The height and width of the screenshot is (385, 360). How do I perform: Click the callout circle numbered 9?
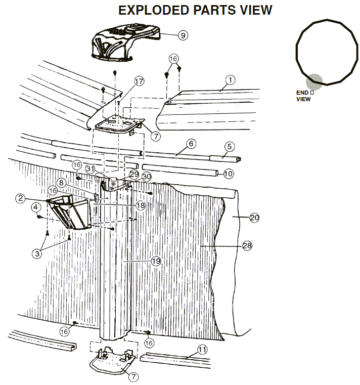(x=183, y=35)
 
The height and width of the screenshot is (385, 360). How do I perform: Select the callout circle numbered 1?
(x=231, y=79)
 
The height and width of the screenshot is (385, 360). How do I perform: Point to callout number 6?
(x=191, y=144)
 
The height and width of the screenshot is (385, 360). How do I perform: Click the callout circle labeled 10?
(x=229, y=174)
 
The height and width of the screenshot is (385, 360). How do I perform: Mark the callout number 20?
(x=254, y=218)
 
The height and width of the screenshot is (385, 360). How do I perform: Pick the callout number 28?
(x=247, y=245)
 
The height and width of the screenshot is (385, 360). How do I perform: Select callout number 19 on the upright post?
(x=156, y=261)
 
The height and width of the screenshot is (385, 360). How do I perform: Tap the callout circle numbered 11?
(x=202, y=349)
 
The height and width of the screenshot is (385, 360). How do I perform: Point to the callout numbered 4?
(x=36, y=207)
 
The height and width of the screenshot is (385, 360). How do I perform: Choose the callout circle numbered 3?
(x=37, y=254)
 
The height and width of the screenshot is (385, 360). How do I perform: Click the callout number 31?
(x=90, y=168)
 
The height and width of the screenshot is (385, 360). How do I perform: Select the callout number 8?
(x=61, y=182)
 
